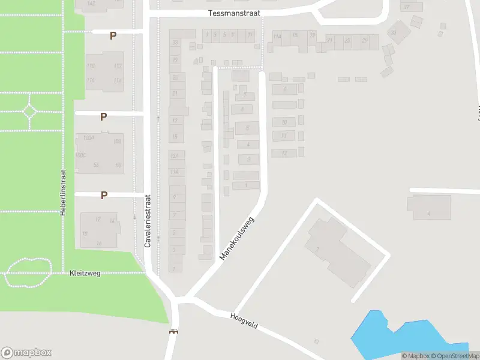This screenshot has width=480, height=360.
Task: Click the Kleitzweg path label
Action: point(85,273)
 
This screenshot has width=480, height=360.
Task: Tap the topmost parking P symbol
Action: point(112,36)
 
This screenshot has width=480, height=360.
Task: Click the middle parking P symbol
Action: point(104,116)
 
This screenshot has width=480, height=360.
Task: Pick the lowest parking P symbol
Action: point(104,195)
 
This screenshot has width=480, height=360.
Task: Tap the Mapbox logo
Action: point(26,352)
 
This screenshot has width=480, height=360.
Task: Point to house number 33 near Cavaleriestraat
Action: point(175,43)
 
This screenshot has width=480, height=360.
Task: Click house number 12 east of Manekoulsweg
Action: point(284,154)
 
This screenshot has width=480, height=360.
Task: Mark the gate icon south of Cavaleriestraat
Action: point(174,332)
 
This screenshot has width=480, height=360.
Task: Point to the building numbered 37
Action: point(407,7)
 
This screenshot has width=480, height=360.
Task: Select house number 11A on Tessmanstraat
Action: point(277,37)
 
